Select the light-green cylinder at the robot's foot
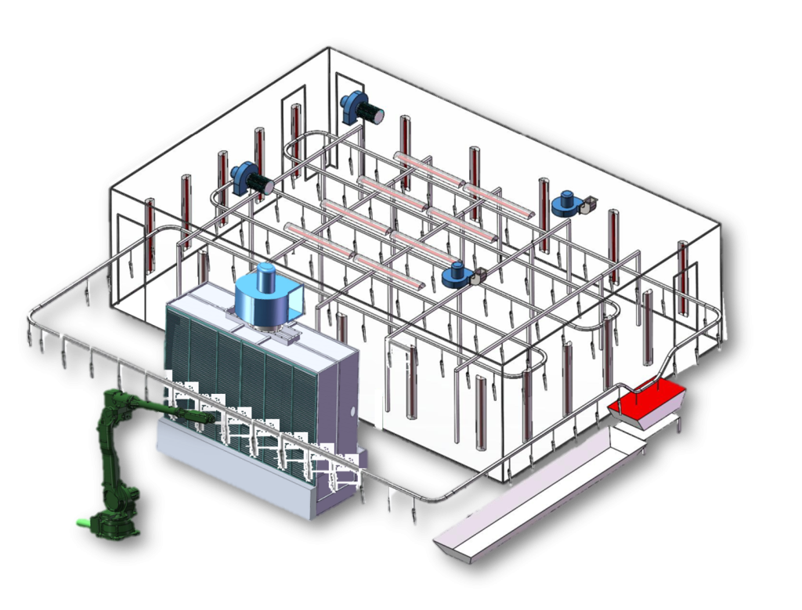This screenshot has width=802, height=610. tap(81, 522)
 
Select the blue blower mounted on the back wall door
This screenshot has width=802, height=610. tap(360, 108)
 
